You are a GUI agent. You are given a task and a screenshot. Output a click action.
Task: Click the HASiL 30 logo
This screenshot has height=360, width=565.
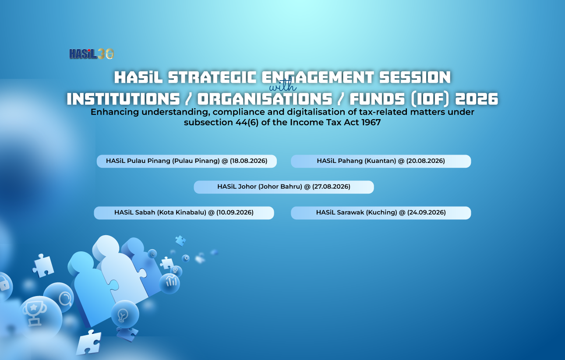point(92,54)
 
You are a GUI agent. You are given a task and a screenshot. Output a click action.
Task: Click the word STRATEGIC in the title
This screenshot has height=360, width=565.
point(212,77)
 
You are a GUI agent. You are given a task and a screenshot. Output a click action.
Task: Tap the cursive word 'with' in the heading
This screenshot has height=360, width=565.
point(283,85)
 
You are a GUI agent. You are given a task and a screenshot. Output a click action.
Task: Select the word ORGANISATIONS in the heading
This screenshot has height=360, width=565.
point(265,99)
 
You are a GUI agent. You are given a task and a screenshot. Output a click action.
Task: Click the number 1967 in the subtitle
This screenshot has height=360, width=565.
point(371,122)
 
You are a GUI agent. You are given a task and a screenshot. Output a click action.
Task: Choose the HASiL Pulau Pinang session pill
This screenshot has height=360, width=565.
point(187,161)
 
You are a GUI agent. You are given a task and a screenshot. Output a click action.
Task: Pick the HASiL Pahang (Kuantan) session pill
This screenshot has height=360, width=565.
point(381,161)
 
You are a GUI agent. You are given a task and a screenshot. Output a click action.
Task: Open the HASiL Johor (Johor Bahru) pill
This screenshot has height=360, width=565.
point(284,187)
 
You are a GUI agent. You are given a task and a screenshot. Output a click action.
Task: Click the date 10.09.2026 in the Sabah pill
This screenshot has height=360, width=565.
point(235,212)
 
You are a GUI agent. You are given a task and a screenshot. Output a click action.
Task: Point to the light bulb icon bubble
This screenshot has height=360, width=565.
point(125,314)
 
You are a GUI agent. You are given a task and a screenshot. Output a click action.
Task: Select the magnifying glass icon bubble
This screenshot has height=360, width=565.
point(59,298)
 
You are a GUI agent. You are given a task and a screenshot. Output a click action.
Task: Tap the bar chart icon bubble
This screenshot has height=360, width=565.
point(169,283)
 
